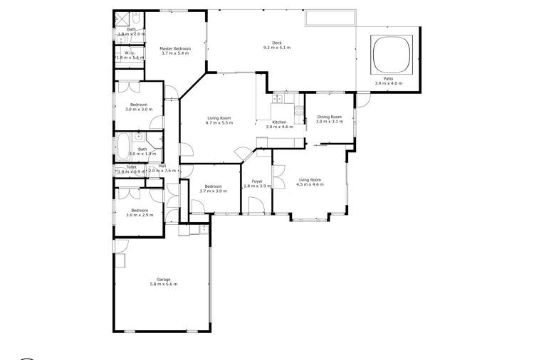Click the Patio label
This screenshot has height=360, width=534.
pyautogui.click(x=388, y=78)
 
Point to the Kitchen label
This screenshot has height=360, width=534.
pyautogui.click(x=279, y=122)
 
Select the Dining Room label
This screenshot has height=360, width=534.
pyautogui.click(x=329, y=117)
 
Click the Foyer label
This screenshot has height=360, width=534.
pyautogui.click(x=257, y=181)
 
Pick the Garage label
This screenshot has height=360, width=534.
pyautogui.click(x=163, y=279)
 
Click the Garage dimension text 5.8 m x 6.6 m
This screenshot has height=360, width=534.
pyautogui.click(x=163, y=284)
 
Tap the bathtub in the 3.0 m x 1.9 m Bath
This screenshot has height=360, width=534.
pyautogui.click(x=123, y=147)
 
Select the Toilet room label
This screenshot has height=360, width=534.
pyautogui.click(x=131, y=166)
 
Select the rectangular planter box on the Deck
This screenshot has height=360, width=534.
pyautogui.click(x=330, y=18)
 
